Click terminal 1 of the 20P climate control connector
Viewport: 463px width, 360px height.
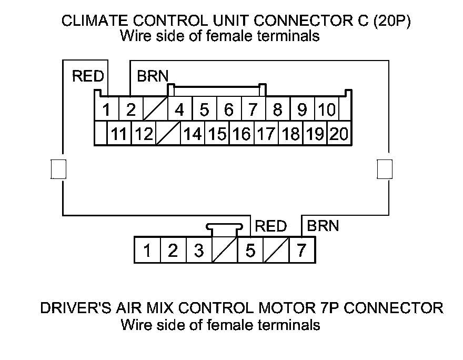pos(107,111)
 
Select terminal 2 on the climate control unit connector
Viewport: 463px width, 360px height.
pos(131,111)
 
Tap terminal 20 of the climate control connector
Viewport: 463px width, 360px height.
pos(339,134)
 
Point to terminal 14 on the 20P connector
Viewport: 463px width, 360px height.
pos(193,134)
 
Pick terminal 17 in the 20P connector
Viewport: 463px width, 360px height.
pos(266,134)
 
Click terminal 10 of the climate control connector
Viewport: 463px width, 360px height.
pos(327,111)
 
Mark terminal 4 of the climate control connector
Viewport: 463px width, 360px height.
pos(180,111)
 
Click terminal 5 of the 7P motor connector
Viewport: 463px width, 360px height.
pos(250,251)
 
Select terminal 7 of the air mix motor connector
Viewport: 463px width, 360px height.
pos(301,251)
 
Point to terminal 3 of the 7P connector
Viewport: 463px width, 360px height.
pos(198,251)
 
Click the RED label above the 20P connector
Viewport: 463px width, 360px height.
pos(88,76)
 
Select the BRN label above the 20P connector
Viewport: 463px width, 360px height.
pos(153,76)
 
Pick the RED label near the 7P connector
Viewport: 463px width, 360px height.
pos(271,226)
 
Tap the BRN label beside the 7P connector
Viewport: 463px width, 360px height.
pos(323,226)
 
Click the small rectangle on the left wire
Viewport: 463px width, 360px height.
pos(58,169)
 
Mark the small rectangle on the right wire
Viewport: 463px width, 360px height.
pos(385,169)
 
